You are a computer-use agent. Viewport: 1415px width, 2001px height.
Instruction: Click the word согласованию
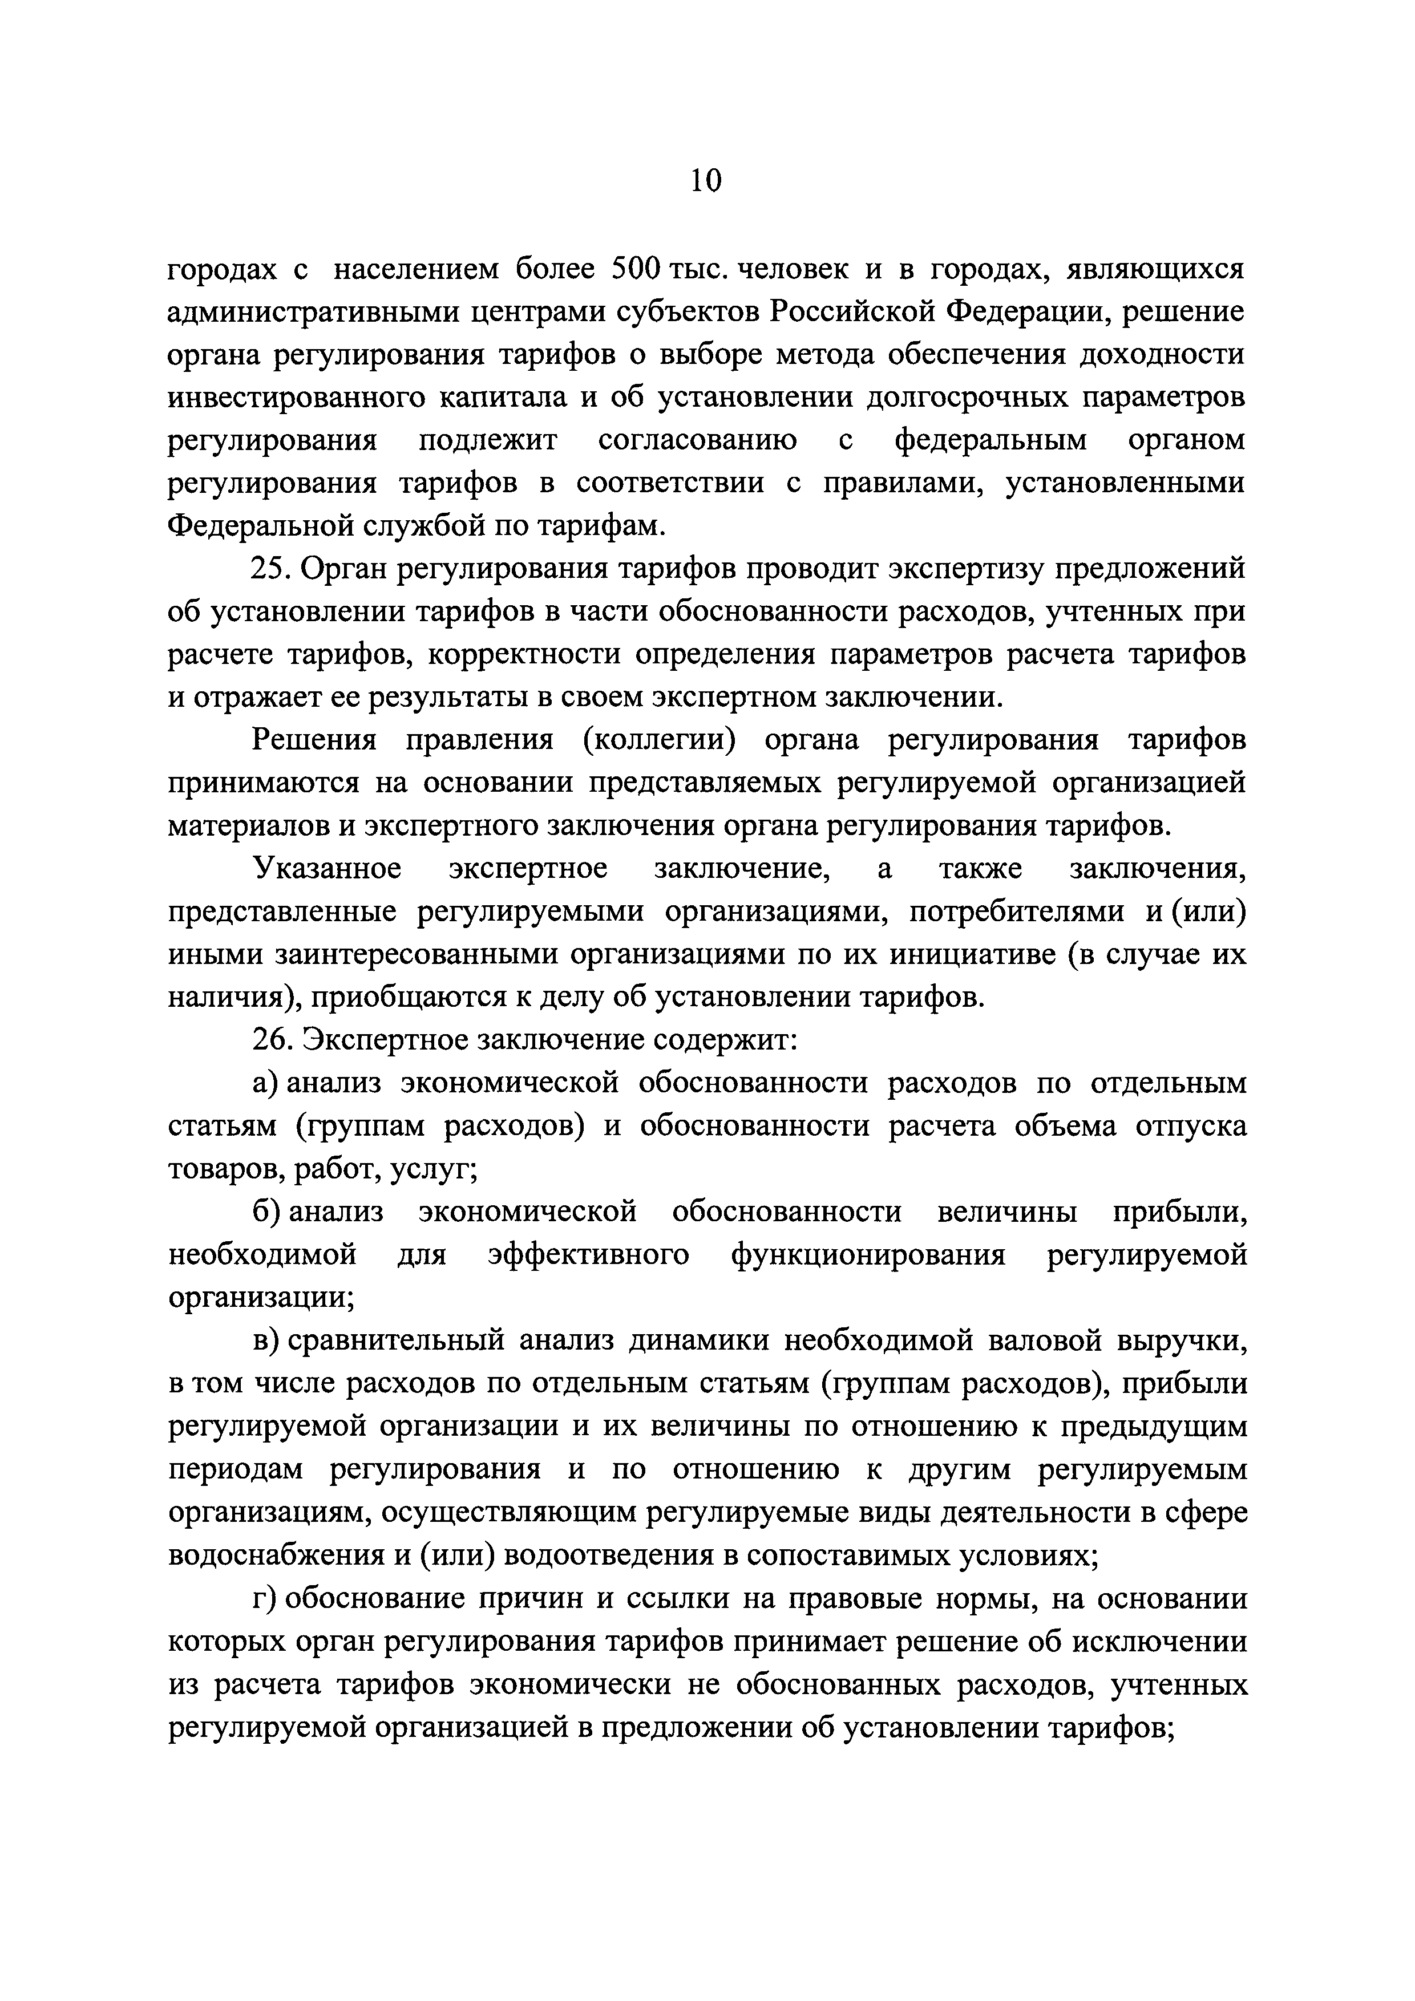pyautogui.click(x=697, y=440)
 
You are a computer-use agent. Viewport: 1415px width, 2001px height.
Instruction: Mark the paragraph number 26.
pyautogui.click(x=271, y=1040)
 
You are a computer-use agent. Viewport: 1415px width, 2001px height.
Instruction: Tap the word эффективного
pyautogui.click(x=588, y=1255)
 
